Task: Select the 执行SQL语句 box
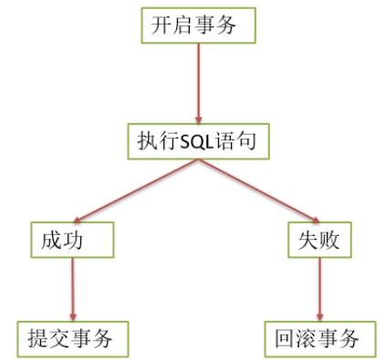click(x=198, y=143)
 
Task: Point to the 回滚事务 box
click(x=318, y=338)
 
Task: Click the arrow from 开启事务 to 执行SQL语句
click(x=197, y=82)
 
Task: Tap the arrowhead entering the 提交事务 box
click(x=71, y=314)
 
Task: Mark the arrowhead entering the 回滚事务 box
click(x=318, y=314)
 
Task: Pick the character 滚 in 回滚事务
click(x=307, y=339)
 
